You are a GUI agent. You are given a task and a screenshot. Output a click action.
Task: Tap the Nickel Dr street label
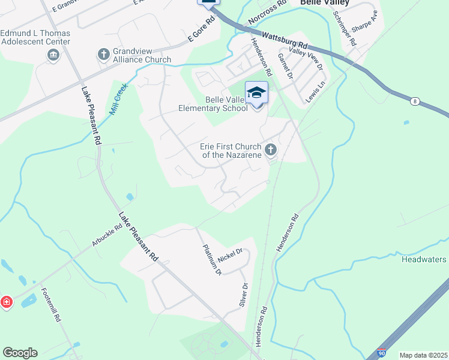(231, 256)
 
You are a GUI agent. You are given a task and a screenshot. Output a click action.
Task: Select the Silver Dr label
(243, 295)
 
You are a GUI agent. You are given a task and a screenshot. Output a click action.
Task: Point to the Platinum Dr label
(212, 260)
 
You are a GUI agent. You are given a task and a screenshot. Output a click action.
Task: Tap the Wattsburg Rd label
(285, 41)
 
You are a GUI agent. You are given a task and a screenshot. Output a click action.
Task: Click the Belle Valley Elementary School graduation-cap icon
(256, 92)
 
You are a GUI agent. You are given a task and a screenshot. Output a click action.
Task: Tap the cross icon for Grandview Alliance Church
(103, 55)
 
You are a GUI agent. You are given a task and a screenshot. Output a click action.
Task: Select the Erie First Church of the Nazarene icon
(270, 149)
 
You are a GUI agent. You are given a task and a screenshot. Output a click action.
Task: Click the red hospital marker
(6, 302)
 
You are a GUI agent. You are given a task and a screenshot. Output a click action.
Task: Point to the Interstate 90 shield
(381, 353)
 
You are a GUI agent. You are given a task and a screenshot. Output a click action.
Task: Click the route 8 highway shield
(415, 101)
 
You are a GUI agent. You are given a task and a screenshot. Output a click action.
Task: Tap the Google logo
(20, 353)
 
